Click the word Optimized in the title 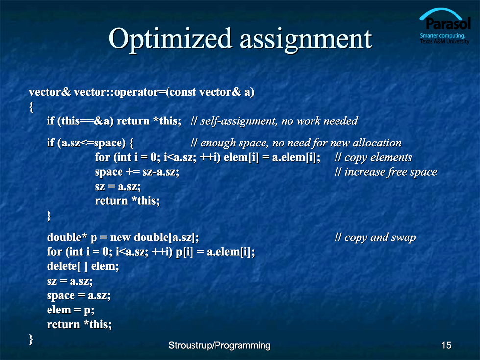click(170, 40)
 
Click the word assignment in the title click(306, 40)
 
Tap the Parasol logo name click(448, 24)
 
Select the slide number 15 click(446, 345)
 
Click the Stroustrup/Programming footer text click(219, 346)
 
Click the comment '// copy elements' click(373, 157)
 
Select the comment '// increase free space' click(386, 172)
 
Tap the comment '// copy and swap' click(375, 238)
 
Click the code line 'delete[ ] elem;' click(83, 266)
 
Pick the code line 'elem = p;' click(71, 310)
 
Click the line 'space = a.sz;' click(79, 295)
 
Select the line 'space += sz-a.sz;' click(137, 172)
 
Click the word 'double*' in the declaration click(67, 237)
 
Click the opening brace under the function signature click(31, 107)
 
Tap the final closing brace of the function click(31, 339)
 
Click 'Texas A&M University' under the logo click(445, 41)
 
